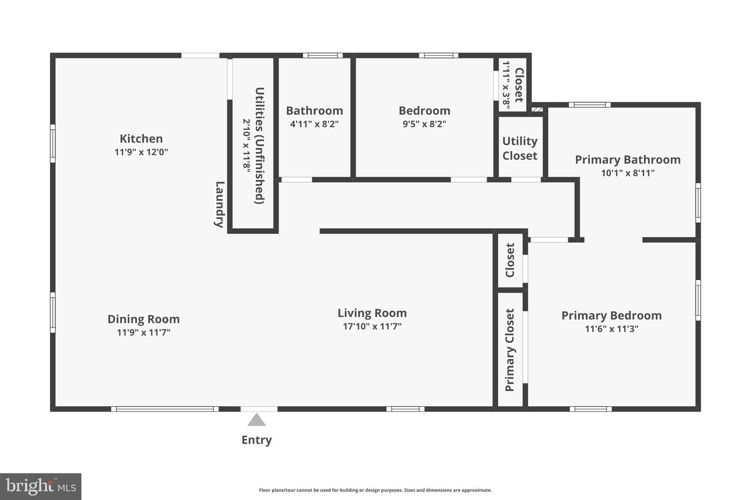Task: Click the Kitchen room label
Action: coord(141,139)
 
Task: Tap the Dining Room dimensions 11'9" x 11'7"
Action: coord(143,332)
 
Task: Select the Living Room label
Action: coord(372,313)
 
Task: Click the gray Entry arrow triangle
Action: coord(256,420)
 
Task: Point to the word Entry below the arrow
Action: coord(256,440)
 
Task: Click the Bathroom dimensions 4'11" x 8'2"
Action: coord(314,124)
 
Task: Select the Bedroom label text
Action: coord(424,110)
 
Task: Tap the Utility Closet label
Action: coord(519,148)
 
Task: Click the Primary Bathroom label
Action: coord(627,160)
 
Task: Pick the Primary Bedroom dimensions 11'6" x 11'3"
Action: coord(611,329)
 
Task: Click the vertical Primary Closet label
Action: coord(510,349)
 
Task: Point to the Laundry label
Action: coord(220,204)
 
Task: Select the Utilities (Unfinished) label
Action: coord(260,146)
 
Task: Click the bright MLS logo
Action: coord(41,486)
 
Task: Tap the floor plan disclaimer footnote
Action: coord(375,490)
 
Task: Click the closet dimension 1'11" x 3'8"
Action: coord(505,84)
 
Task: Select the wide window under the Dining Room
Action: coord(164,409)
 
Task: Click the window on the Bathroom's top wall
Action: coord(322,56)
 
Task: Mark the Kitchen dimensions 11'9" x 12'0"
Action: coord(141,152)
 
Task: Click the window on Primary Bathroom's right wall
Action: coord(698,203)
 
